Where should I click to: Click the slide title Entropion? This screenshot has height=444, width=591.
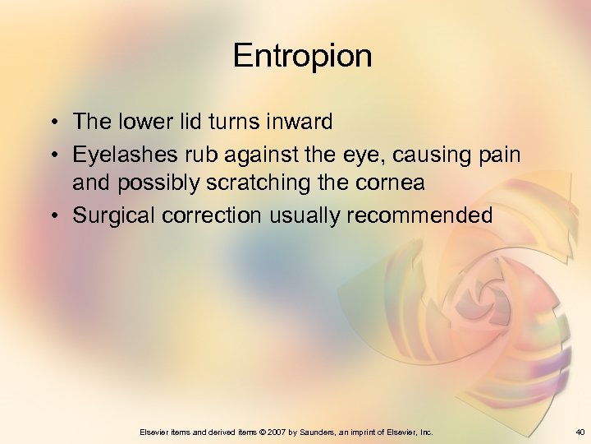point(302,57)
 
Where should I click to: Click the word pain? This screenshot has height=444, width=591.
point(499,153)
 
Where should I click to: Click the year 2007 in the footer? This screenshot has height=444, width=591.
point(272,432)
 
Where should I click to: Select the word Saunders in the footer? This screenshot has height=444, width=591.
point(318,432)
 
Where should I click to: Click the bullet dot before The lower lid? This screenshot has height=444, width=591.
point(52,123)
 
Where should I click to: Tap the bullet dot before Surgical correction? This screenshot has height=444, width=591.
point(52,215)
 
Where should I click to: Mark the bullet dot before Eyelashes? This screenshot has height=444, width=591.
point(52,154)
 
